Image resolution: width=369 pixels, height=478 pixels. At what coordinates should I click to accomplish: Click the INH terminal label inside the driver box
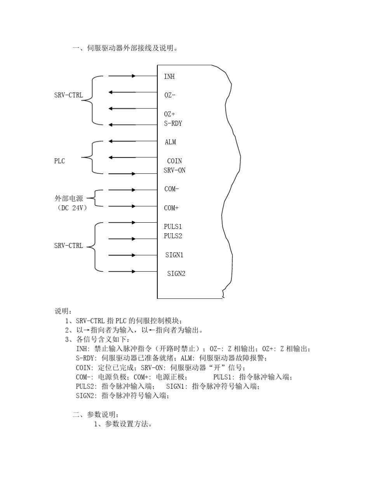(x=169, y=77)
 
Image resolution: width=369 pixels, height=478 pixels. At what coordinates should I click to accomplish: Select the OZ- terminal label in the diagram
(x=170, y=95)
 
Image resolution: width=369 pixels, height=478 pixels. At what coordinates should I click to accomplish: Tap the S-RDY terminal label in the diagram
(x=173, y=124)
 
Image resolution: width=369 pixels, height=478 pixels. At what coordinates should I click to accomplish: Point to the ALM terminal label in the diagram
(x=170, y=142)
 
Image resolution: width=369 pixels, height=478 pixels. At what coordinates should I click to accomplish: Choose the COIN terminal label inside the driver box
(x=174, y=161)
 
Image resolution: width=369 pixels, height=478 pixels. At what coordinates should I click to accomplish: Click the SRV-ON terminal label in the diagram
(x=174, y=170)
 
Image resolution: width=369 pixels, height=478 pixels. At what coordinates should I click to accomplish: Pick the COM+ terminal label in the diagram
(x=171, y=208)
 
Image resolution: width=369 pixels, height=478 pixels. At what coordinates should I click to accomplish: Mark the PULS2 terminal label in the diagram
(x=173, y=236)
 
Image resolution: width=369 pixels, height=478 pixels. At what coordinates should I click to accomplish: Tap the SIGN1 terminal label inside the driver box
(x=174, y=255)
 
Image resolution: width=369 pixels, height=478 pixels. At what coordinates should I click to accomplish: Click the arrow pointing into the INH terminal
(x=133, y=76)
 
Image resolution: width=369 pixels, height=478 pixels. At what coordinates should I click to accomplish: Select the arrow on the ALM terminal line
(x=112, y=142)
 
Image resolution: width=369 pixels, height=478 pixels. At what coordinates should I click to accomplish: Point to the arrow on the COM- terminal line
(x=133, y=190)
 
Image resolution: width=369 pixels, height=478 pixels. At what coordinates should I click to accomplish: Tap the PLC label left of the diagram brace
(x=59, y=161)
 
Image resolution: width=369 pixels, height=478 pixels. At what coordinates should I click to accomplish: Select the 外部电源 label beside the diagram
(x=69, y=199)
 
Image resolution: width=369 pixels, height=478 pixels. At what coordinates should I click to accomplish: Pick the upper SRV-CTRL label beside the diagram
(x=68, y=95)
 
